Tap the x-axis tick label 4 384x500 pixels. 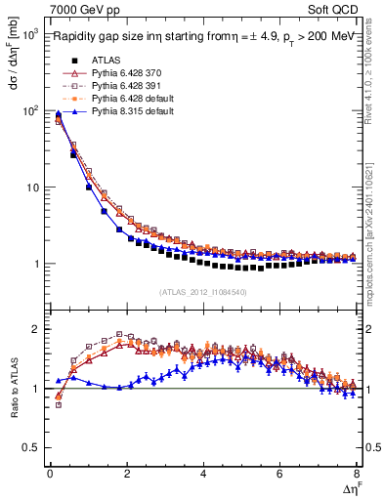point(203,474)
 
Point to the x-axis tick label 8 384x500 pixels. point(357,474)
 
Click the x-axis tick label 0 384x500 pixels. point(50,474)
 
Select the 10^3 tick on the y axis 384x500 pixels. point(29,34)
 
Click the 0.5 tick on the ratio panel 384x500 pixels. point(31,447)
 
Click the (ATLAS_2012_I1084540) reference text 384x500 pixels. point(203,292)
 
